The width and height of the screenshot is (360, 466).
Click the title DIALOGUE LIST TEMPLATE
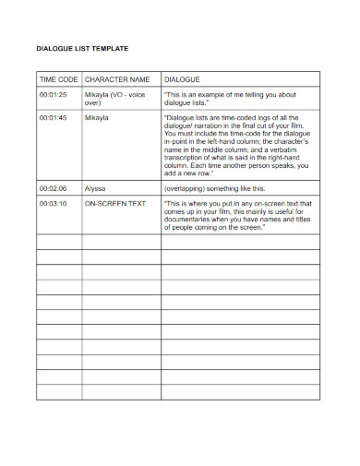tap(82, 47)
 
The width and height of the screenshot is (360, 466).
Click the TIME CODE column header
tap(58, 80)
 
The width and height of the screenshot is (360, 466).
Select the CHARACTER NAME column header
tap(117, 80)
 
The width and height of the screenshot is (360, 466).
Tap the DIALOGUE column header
tap(182, 80)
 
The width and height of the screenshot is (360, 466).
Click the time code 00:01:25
tap(54, 95)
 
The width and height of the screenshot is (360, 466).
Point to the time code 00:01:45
tap(54, 119)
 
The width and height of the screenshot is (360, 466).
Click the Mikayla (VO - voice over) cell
tap(114, 100)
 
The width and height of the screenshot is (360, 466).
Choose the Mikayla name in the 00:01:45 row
tap(97, 119)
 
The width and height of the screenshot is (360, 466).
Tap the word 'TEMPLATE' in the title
tap(110, 47)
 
